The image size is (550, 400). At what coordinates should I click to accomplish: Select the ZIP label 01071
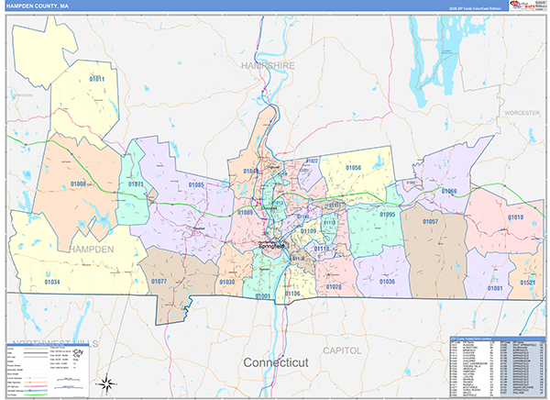[136, 184]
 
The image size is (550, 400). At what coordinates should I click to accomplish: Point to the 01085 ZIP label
[196, 185]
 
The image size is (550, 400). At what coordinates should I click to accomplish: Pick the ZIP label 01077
[159, 282]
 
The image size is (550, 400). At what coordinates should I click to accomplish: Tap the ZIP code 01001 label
[263, 296]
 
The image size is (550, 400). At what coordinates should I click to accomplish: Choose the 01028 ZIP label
[333, 286]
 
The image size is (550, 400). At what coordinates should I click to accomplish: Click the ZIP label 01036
[388, 282]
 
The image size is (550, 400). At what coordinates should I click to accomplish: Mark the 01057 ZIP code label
[430, 222]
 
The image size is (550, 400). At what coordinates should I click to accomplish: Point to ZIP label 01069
[448, 191]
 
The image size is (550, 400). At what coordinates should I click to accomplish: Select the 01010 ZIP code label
[515, 217]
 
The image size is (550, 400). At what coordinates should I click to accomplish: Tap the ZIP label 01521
[529, 283]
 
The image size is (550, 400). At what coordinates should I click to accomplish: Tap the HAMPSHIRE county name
[268, 67]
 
